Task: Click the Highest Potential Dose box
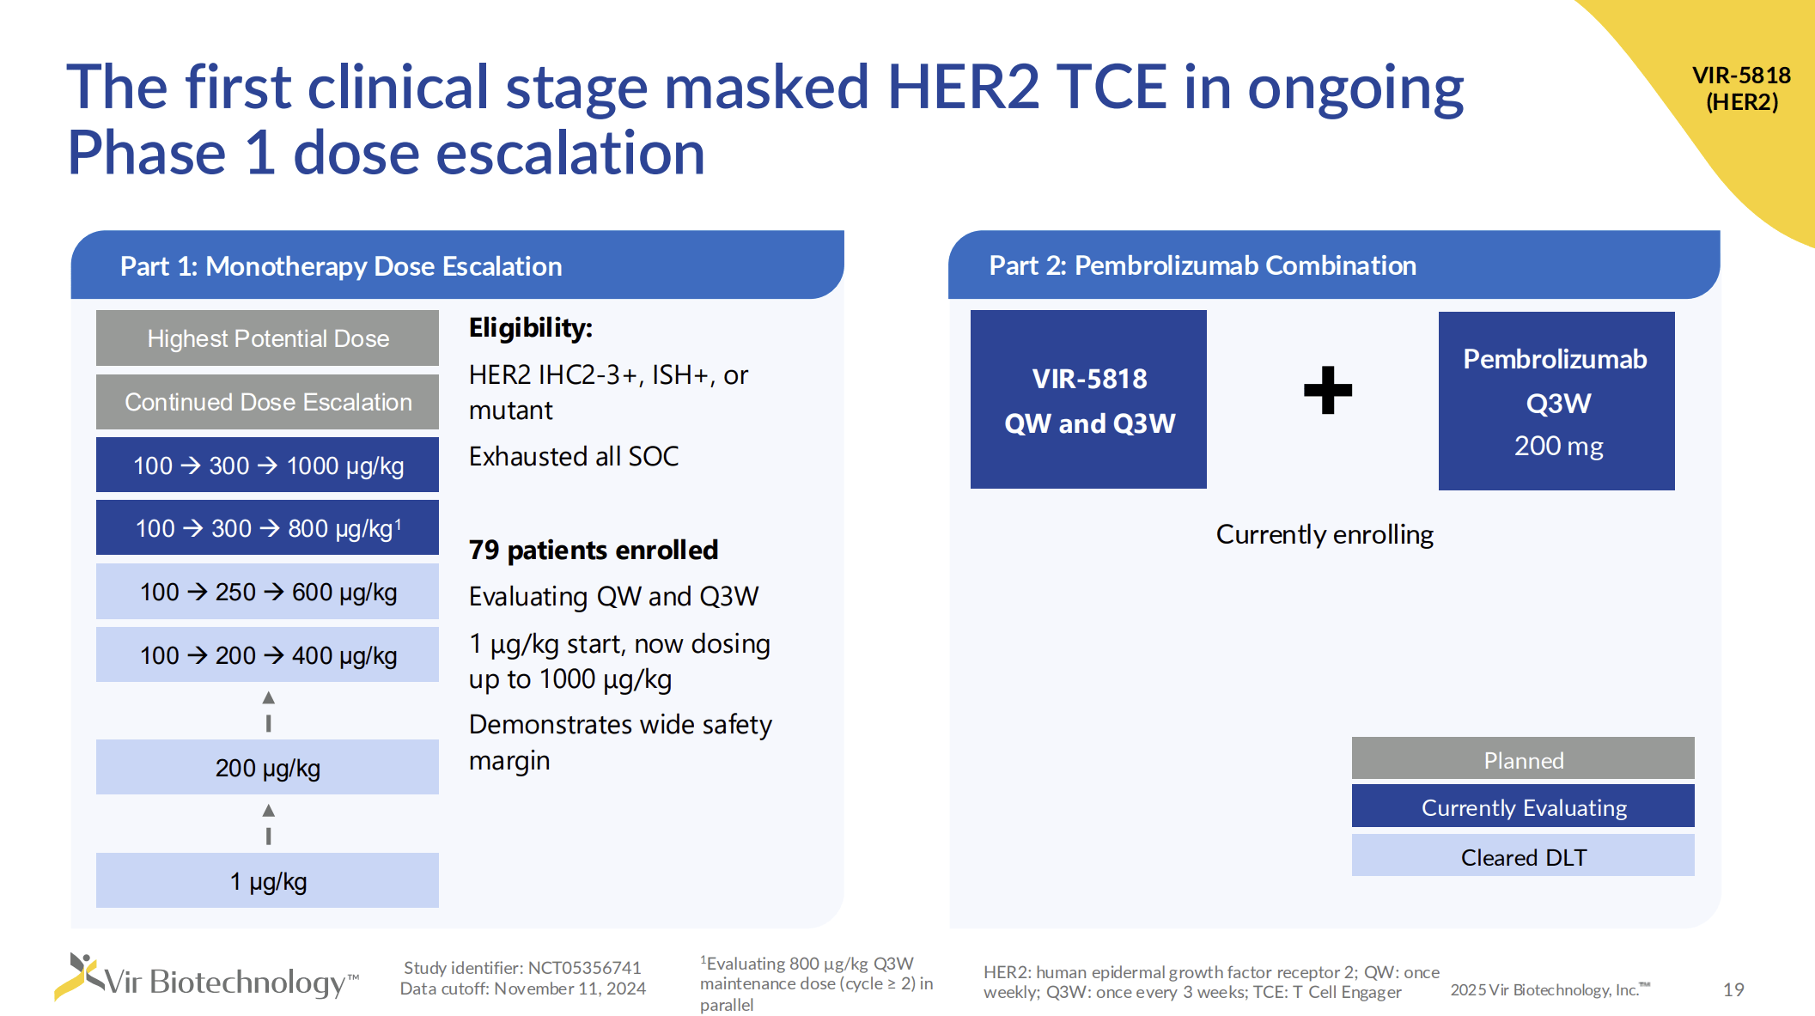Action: click(x=267, y=338)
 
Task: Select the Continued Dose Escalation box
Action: click(x=267, y=402)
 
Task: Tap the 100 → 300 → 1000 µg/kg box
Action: click(x=267, y=465)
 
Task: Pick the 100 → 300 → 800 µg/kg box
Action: click(x=267, y=528)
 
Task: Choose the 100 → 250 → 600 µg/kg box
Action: click(x=267, y=592)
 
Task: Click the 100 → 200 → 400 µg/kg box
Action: click(x=267, y=655)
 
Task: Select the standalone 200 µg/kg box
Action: click(x=267, y=768)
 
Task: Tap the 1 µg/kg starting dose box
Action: click(x=267, y=881)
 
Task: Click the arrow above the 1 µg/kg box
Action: click(x=269, y=823)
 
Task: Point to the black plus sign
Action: click(x=1327, y=391)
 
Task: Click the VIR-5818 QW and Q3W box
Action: click(x=1088, y=400)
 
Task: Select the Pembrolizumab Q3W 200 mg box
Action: click(x=1556, y=401)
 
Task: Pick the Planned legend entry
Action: click(x=1523, y=759)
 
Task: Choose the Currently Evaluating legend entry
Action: click(x=1523, y=807)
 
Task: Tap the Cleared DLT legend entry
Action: click(x=1523, y=856)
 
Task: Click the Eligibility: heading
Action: click(x=531, y=328)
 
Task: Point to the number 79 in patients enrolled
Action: click(x=484, y=551)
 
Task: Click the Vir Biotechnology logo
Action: click(x=206, y=979)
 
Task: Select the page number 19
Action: click(x=1733, y=989)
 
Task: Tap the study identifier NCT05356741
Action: click(x=584, y=968)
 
